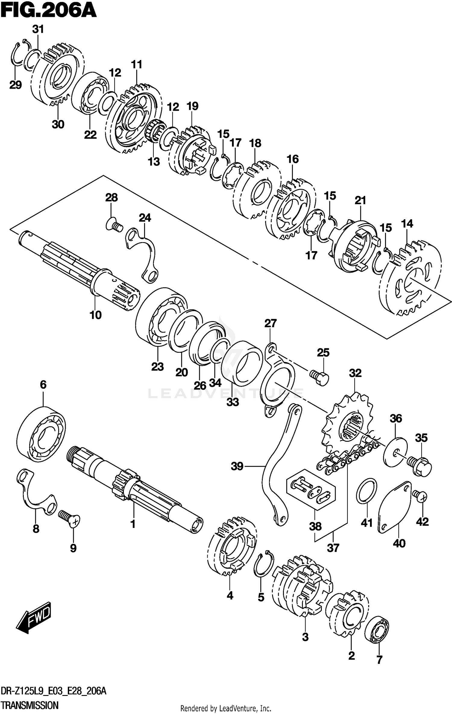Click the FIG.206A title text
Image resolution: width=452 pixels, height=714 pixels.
pos(48,11)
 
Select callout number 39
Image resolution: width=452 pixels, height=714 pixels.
pos(237,466)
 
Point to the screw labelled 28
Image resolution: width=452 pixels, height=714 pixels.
pos(115,225)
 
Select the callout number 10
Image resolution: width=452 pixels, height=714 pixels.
pos(96,315)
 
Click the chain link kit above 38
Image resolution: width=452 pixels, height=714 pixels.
pos(310,488)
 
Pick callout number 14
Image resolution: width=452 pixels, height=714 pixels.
pos(407,223)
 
